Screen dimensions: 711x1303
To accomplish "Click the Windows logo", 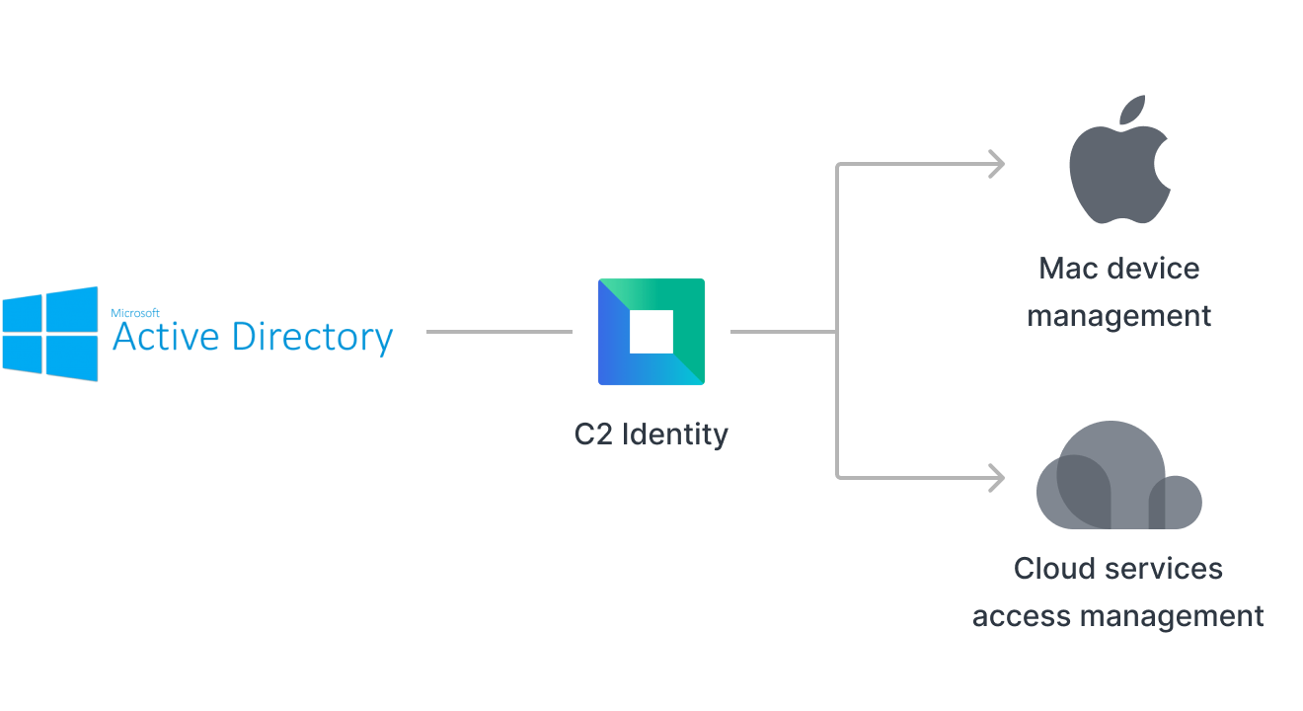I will coord(50,334).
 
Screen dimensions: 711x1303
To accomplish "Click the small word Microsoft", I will coord(128,311).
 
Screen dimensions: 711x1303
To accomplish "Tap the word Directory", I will coord(312,339).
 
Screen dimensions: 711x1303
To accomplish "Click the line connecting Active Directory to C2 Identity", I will coord(498,332).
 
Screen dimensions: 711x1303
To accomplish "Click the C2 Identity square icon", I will coord(651,332).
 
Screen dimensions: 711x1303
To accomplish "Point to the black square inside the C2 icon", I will coord(651,332).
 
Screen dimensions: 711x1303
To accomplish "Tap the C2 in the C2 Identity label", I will coord(593,434).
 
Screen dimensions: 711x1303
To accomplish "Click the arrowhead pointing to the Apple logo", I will coord(997,164).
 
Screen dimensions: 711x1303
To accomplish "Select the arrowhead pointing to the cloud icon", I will coord(997,479).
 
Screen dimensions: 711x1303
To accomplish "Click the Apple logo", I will coord(1118,167).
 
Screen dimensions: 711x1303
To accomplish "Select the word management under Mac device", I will coord(1118,317).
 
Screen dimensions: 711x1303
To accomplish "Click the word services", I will coord(1166,569).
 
